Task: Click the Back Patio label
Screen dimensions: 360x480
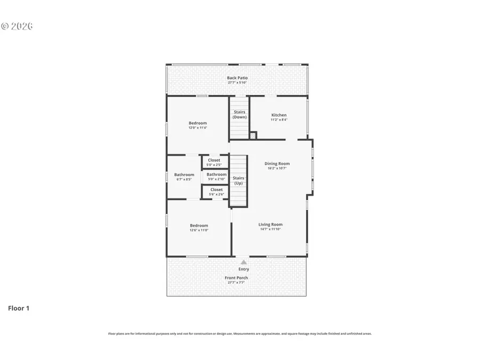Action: click(237, 78)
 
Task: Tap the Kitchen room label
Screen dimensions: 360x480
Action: click(279, 115)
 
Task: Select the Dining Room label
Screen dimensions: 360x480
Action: click(277, 164)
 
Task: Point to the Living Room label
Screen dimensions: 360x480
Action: click(270, 225)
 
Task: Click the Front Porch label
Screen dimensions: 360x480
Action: click(236, 278)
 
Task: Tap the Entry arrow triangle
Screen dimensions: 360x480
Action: click(244, 262)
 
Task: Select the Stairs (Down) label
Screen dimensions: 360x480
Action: click(239, 115)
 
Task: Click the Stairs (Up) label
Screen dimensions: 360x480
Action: click(239, 180)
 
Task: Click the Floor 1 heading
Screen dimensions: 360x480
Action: click(18, 308)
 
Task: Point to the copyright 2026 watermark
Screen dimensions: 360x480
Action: click(17, 26)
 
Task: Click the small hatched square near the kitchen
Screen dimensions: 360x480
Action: click(253, 135)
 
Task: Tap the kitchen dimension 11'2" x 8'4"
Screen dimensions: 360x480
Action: click(279, 120)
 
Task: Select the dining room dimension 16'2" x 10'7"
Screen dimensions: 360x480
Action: click(277, 169)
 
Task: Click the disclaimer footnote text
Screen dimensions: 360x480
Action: click(240, 334)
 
